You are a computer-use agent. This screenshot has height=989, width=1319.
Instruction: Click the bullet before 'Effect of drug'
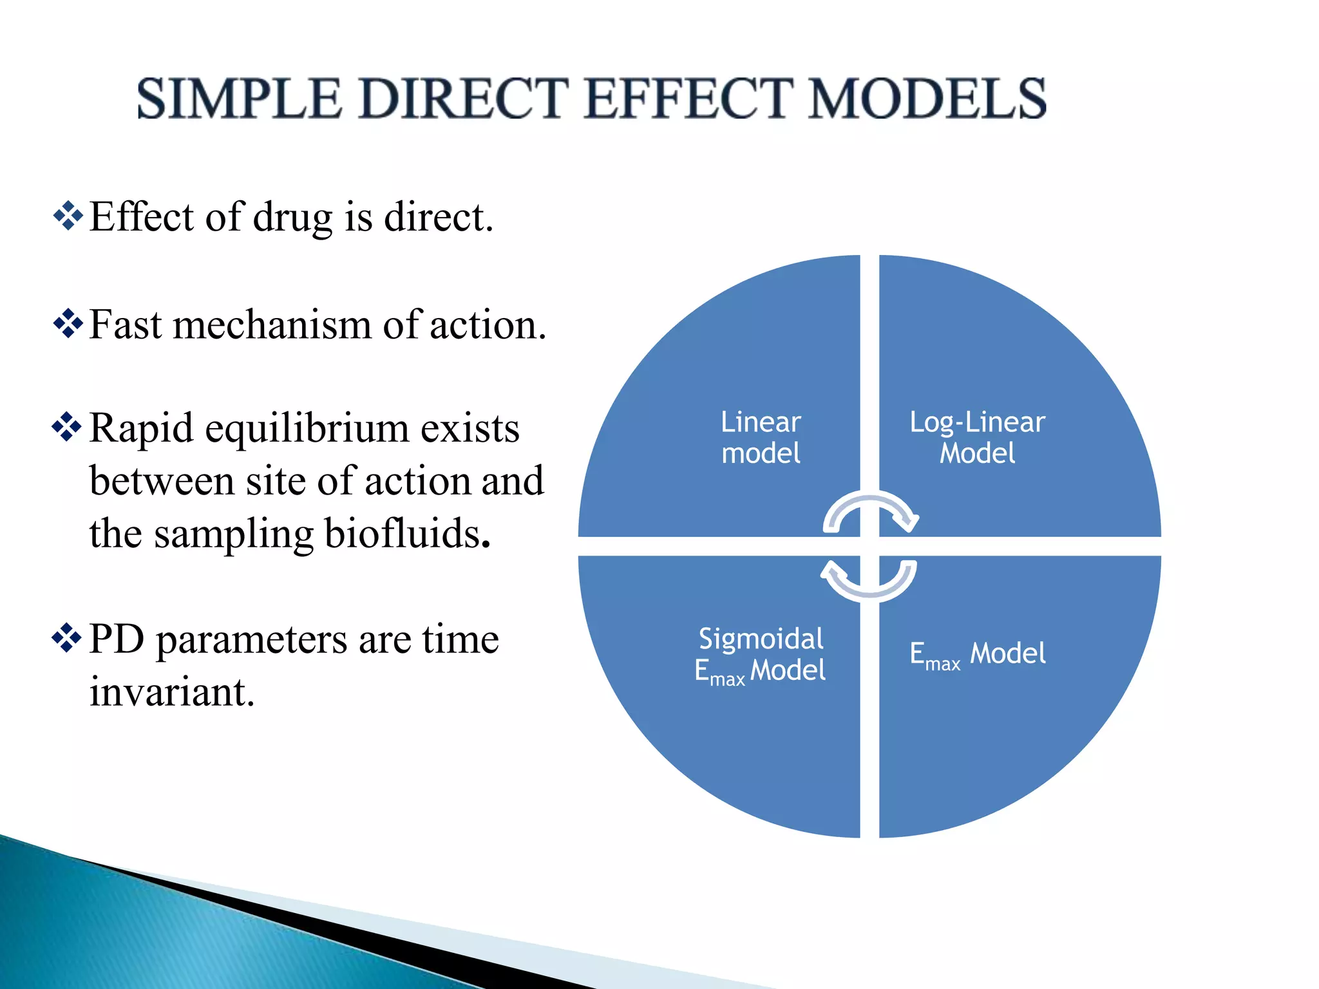pos(68,216)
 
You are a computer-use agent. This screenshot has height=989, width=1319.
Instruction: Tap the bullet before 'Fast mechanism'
pos(68,324)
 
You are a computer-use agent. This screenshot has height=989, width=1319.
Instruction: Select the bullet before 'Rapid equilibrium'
pos(67,427)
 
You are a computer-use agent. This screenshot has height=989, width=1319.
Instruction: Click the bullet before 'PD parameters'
pos(67,638)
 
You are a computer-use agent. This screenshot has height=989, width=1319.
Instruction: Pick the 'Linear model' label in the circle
pos(761,437)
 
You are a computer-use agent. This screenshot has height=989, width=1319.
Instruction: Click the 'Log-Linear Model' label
pos(977,437)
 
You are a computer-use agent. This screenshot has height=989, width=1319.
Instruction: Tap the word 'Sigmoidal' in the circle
pos(761,639)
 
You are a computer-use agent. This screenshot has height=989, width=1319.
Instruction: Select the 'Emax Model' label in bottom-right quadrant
pos(977,654)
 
